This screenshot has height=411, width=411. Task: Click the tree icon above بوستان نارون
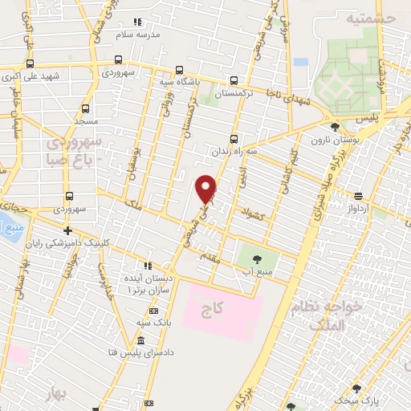pyautogui.click(x=335, y=125)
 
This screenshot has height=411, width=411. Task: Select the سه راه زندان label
pyautogui.click(x=234, y=150)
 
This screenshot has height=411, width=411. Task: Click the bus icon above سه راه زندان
pyautogui.click(x=234, y=136)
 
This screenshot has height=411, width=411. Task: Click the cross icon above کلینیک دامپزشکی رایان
pyautogui.click(x=67, y=230)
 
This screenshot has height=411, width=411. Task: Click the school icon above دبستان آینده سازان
pyautogui.click(x=147, y=265)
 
